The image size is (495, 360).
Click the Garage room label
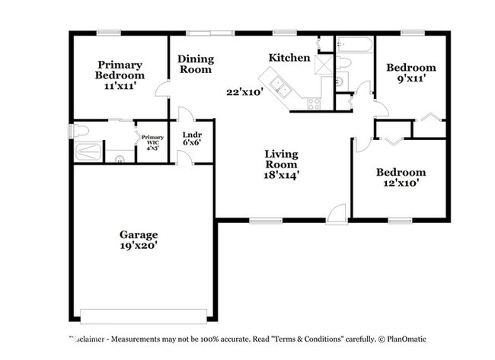point(138,234)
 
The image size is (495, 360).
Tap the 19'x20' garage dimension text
point(138,246)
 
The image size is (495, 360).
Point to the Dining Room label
point(196,64)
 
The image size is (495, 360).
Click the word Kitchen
point(289,58)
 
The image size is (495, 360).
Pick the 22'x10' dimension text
point(244,92)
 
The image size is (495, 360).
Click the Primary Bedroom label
point(120,70)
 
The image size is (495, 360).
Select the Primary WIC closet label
point(152,137)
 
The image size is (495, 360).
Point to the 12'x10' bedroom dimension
point(401,183)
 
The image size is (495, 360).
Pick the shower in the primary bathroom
point(88,151)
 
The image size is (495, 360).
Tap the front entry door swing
point(337,214)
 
